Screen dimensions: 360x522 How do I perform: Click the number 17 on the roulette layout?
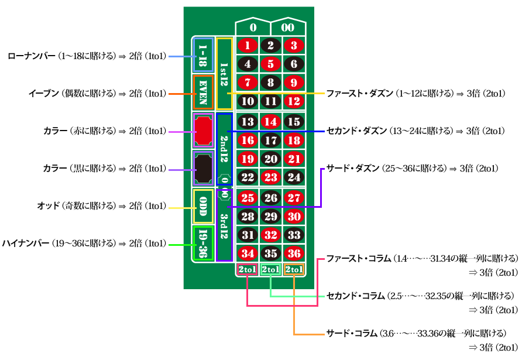pos(271,140)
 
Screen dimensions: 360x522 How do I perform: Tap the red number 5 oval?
pos(271,64)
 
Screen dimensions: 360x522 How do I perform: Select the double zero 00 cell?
pos(288,28)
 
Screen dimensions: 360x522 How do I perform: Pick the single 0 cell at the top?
pos(253,28)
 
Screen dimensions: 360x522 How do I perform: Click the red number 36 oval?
pos(294,253)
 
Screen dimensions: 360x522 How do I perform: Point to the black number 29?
pos(271,217)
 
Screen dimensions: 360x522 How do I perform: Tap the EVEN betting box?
pos(203,92)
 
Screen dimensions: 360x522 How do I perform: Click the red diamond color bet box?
pos(203,130)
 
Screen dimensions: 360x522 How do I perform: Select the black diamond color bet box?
pos(203,169)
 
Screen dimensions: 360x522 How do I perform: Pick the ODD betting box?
pos(203,206)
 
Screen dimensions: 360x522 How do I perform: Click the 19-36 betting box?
pos(203,244)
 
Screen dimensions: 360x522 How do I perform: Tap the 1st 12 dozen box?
pos(225,73)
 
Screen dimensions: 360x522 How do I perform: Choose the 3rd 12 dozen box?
pos(225,225)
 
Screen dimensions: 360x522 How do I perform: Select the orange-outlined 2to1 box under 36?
pos(294,270)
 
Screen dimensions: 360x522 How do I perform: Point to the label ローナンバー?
pos(32,56)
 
